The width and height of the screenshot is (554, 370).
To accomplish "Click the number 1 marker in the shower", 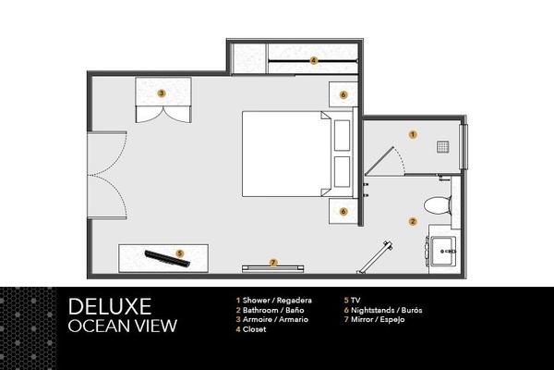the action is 413,134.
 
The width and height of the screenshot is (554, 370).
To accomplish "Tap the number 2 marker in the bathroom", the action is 413,222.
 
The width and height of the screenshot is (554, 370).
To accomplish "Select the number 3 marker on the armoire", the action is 162,93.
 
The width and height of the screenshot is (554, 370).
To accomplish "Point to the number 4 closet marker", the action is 313,60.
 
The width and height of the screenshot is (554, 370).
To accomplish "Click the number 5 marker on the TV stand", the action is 180,253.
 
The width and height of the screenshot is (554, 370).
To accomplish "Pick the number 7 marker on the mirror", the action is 273,263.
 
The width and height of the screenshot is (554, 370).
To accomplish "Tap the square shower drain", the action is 442,146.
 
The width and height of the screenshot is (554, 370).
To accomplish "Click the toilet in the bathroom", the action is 438,205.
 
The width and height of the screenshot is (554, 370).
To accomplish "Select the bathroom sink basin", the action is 443,251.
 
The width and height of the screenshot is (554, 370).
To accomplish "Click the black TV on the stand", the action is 167,258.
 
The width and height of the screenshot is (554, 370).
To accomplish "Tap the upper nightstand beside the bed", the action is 343,94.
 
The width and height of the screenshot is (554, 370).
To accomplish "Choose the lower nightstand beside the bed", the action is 343,212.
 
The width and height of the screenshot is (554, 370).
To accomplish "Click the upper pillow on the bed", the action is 342,135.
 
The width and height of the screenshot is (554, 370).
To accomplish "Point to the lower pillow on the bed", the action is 342,172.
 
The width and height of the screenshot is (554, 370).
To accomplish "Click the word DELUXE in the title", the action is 110,306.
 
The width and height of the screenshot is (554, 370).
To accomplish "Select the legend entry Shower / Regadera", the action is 274,301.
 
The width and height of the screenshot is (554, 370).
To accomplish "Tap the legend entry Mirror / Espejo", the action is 375,320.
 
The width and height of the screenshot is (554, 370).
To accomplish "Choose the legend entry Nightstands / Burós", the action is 383,310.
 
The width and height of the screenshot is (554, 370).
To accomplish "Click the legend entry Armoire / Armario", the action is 272,319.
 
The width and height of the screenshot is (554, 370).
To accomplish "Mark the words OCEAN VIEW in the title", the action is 123,326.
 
